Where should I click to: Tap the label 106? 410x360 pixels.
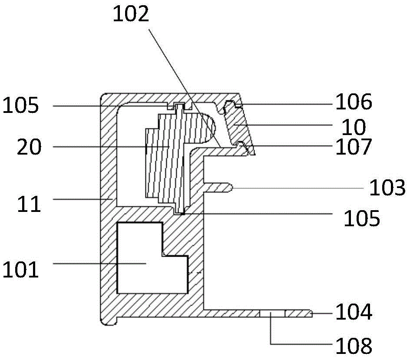[354, 103]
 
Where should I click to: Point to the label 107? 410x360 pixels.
[354, 147]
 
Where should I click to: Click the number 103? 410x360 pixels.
[387, 188]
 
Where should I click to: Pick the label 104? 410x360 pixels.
[354, 312]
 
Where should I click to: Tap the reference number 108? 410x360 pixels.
[354, 346]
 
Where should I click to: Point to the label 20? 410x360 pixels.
[29, 148]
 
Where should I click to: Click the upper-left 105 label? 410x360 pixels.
[21, 106]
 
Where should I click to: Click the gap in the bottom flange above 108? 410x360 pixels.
[272, 313]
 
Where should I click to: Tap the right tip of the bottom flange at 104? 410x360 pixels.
[311, 313]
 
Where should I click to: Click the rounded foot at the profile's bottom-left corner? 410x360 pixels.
[109, 320]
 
